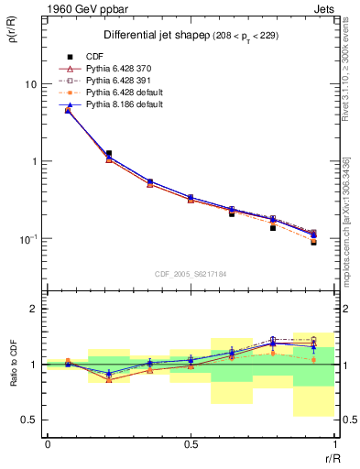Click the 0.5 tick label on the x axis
pyautogui.click(x=190, y=444)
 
